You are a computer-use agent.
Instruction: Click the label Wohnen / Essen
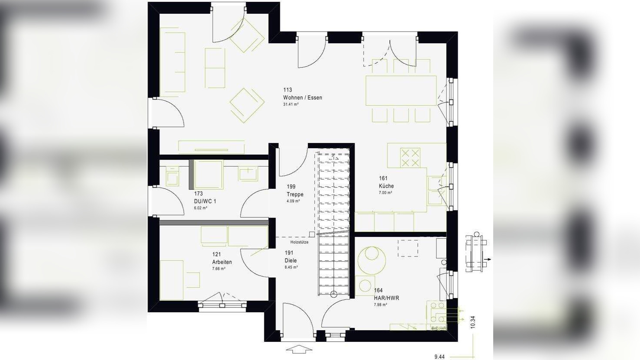click(x=302, y=98)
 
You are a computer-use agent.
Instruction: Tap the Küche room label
click(x=386, y=186)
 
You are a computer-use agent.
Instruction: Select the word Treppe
click(x=295, y=195)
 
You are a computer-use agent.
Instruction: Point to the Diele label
click(x=291, y=261)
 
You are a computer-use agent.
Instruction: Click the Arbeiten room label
click(x=222, y=262)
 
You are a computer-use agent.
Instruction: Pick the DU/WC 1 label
click(x=205, y=201)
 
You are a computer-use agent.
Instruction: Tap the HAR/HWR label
click(x=386, y=298)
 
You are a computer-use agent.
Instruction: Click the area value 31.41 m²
click(x=291, y=105)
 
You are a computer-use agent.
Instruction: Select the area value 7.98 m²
click(x=380, y=305)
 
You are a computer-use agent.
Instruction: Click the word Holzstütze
click(x=299, y=242)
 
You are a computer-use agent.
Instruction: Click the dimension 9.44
click(x=439, y=357)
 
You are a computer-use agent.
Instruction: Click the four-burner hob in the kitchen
click(x=410, y=158)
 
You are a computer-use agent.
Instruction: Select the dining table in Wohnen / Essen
click(x=401, y=91)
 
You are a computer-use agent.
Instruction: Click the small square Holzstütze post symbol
click(x=312, y=234)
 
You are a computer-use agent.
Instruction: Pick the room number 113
click(x=288, y=90)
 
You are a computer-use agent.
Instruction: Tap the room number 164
click(x=378, y=291)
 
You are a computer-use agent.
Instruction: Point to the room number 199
click(x=291, y=187)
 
